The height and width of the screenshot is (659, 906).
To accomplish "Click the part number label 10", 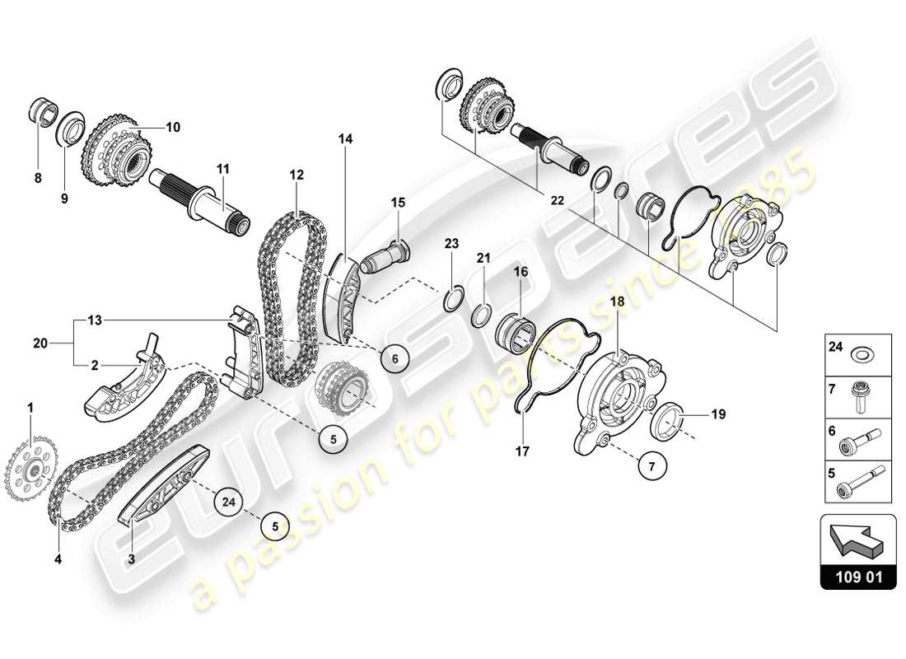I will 172,128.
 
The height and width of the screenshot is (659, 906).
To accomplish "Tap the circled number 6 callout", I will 395,358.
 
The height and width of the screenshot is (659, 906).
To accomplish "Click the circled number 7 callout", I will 651,467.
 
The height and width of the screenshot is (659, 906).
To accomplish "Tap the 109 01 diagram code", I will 857,577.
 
